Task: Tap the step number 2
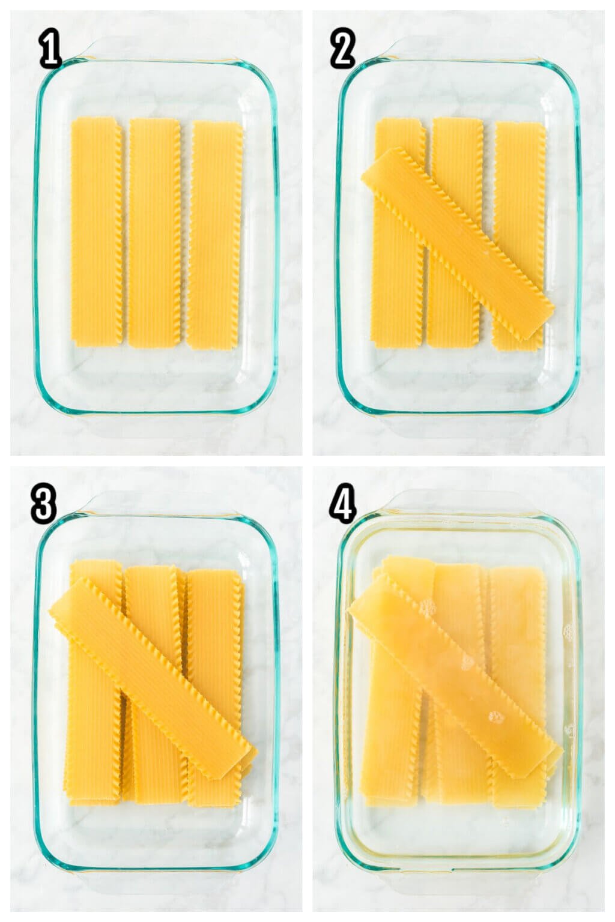(342, 48)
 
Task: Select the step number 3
(44, 504)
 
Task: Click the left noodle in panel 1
(97, 231)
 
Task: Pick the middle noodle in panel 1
(155, 233)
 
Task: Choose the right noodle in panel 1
(215, 235)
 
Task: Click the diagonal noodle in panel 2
(457, 244)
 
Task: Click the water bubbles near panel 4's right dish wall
(568, 632)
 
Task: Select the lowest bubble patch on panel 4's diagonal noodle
(497, 717)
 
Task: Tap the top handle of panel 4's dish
(459, 501)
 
